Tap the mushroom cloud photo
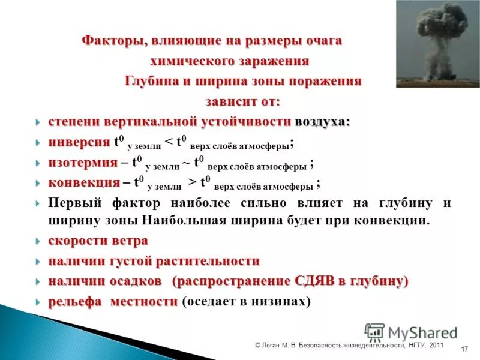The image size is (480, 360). coord(437,44)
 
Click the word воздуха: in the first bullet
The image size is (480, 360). coord(322,122)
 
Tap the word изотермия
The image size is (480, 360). coord(82,163)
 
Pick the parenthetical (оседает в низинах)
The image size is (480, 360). coord(246,302)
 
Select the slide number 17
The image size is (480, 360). coord(464,349)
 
